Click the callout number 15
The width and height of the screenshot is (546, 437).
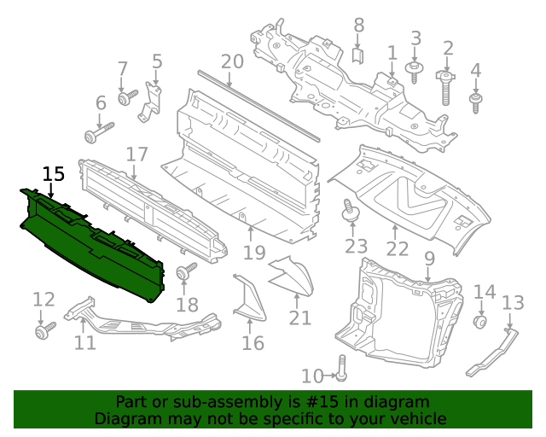(x=53, y=173)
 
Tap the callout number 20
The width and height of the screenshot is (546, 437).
(x=232, y=61)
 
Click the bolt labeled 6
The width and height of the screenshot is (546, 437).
(x=97, y=131)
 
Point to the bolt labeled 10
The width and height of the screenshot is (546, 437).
(x=342, y=369)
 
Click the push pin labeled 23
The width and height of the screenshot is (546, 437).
(x=350, y=210)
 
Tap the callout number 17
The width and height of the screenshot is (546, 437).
(x=137, y=154)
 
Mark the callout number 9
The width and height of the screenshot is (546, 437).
(x=428, y=258)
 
